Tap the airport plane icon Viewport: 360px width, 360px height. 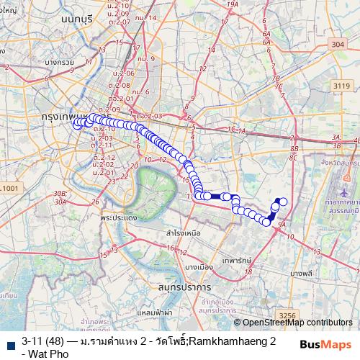[x=344, y=194]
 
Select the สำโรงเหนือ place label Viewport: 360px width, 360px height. [x=183, y=233]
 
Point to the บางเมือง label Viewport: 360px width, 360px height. [x=197, y=266]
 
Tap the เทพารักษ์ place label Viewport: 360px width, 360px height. [x=235, y=257]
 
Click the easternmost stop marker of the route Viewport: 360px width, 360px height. [x=283, y=202]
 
